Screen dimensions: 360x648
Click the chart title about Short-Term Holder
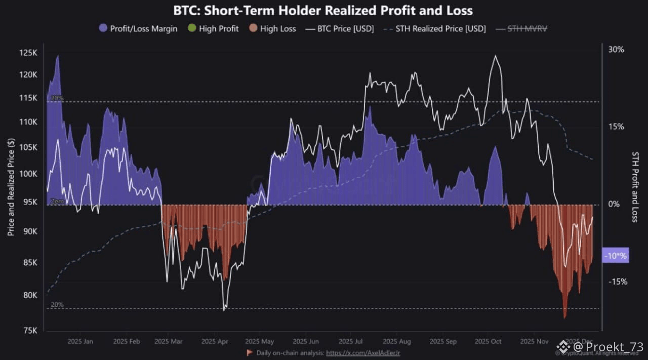tap(323, 11)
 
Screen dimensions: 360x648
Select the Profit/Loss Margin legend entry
tap(138, 29)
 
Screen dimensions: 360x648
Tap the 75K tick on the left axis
tap(30, 331)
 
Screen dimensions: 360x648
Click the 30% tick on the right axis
tap(617, 50)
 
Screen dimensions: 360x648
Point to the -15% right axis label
tap(618, 282)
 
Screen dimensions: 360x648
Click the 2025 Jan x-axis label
tap(80, 342)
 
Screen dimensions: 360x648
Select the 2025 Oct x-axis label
tap(488, 342)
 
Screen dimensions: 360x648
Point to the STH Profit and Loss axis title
tap(636, 186)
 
